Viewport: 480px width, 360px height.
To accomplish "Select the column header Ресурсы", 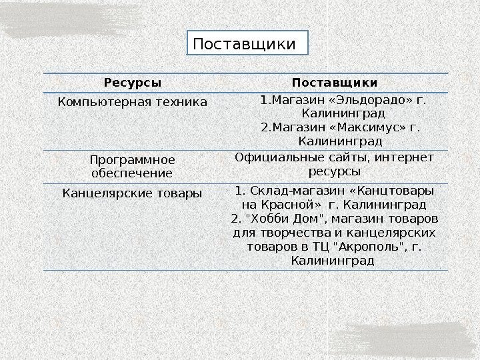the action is [133, 83].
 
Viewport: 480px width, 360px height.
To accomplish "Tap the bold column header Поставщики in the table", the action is [335, 83].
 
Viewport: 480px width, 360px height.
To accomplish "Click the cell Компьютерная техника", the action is [133, 102].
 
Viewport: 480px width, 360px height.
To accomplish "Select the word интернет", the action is [405, 157].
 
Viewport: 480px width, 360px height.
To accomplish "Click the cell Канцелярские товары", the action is [133, 194].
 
